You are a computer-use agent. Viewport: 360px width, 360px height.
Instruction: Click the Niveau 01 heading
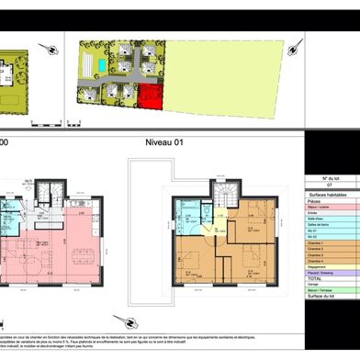click(164, 142)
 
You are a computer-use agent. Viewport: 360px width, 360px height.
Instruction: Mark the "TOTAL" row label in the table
click(316, 292)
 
